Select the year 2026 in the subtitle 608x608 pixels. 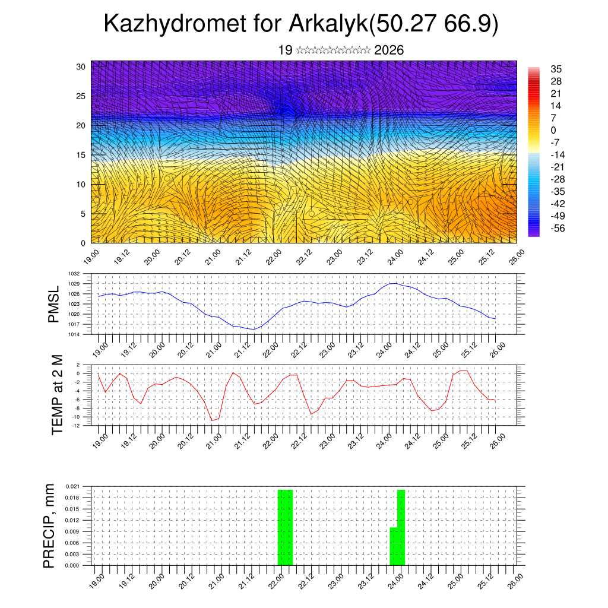(x=389, y=50)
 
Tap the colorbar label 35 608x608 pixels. (x=556, y=69)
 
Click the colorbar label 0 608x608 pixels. (x=553, y=130)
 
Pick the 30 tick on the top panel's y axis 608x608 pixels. (x=81, y=66)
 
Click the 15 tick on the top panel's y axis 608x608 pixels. (x=81, y=155)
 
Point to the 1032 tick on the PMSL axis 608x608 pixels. (x=73, y=274)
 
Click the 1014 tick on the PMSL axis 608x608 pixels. (x=73, y=334)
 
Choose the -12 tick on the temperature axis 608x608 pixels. (x=77, y=425)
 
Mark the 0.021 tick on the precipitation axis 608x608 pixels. (x=72, y=486)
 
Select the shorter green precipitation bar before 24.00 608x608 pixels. (x=393, y=546)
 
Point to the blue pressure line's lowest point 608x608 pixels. (x=254, y=329)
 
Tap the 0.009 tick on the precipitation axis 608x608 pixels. (x=72, y=531)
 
